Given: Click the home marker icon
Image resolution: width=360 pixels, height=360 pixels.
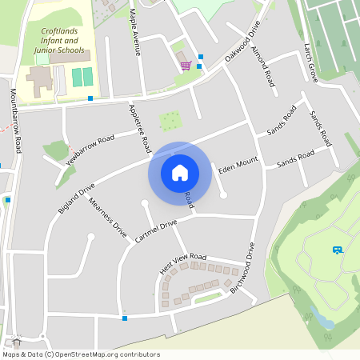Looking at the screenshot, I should [180, 173].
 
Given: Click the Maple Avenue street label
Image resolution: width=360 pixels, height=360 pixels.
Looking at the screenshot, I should [136, 32].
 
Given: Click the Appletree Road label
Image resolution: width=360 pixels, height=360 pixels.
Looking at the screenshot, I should [140, 128].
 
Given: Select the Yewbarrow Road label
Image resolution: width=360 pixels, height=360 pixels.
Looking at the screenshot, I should [90, 149].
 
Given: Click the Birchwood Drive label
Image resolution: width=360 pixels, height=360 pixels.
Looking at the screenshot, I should [242, 267].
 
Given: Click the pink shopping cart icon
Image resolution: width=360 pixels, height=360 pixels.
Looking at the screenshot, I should [186, 66].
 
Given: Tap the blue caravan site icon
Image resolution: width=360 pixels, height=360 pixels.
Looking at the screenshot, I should [338, 250].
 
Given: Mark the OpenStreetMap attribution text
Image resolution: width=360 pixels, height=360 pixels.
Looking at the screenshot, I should [81, 354].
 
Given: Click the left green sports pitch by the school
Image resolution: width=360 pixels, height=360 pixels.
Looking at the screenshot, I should [77, 78].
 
